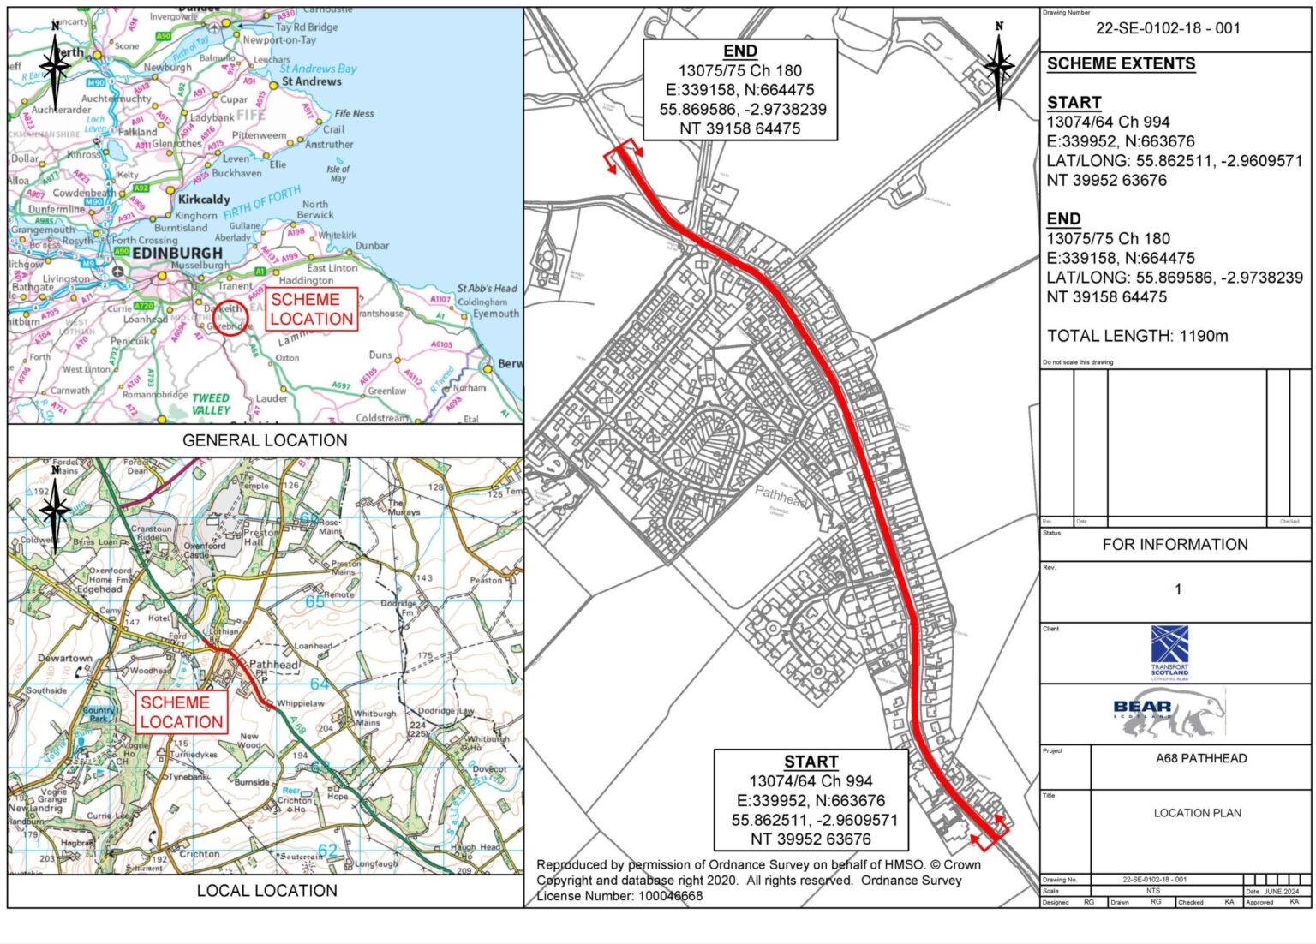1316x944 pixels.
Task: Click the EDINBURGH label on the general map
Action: (177, 254)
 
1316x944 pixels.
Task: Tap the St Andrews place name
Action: (311, 81)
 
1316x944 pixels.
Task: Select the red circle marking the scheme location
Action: (230, 318)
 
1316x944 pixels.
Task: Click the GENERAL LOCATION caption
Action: (265, 440)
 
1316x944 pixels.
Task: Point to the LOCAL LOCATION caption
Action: (266, 891)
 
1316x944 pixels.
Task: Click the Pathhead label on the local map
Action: (273, 665)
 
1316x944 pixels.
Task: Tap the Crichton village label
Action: (199, 854)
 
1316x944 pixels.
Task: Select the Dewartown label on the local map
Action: (65, 658)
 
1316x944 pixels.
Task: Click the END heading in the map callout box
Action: (740, 51)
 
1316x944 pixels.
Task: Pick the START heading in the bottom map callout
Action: (811, 762)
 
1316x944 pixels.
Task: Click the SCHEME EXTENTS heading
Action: (1109, 64)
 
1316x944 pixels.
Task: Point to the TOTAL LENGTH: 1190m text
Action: (1137, 336)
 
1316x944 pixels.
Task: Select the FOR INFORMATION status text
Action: (1175, 544)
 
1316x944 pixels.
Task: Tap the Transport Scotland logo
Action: (1169, 651)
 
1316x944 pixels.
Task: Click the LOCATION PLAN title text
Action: (1197, 813)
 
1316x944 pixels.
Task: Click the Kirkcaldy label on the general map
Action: (204, 200)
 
